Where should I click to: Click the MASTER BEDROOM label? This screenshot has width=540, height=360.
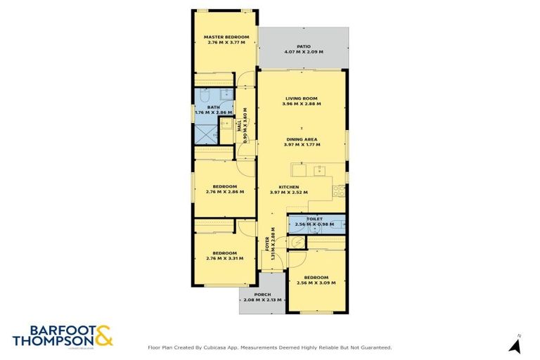point(226,37)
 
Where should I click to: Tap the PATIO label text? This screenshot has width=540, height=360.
point(303,46)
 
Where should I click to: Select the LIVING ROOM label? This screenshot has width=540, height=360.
point(302,98)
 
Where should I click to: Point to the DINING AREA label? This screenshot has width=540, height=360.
point(302,139)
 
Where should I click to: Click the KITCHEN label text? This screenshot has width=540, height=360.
point(289,187)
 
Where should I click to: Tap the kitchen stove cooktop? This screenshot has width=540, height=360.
point(339,190)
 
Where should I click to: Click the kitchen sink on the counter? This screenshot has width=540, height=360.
point(319,169)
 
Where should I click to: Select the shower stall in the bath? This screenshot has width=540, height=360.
point(204,132)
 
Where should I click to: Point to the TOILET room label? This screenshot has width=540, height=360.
point(314,219)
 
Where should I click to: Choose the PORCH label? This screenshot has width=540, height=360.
point(262,295)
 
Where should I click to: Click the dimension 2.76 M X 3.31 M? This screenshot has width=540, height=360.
point(225,258)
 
